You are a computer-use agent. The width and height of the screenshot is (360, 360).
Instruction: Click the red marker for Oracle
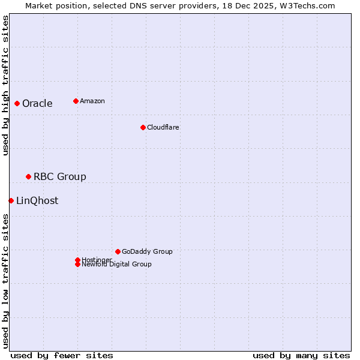(x=17, y=103)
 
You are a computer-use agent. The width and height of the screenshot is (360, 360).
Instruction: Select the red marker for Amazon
(x=76, y=101)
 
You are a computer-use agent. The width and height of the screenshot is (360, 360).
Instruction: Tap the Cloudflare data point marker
(x=143, y=127)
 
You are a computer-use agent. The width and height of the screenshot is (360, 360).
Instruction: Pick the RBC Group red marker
(x=28, y=176)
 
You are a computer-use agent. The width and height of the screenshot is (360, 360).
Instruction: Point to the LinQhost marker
(x=11, y=200)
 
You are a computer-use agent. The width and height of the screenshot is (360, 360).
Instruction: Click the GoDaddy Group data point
(x=118, y=251)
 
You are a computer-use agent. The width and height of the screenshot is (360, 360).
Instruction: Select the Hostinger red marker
(x=77, y=260)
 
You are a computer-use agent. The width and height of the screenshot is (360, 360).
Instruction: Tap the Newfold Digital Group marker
(x=77, y=264)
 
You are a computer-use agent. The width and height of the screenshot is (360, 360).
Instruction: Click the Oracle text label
(x=37, y=103)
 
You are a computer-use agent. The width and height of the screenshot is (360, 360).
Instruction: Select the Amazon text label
(x=92, y=101)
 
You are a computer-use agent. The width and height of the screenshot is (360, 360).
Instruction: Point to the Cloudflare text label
(x=163, y=127)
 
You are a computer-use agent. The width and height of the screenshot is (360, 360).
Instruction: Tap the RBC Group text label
(x=60, y=176)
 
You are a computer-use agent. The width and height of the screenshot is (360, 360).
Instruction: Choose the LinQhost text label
(x=37, y=200)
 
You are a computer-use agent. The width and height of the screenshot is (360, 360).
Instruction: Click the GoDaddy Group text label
(x=147, y=251)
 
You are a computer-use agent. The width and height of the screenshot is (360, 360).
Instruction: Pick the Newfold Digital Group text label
(x=117, y=265)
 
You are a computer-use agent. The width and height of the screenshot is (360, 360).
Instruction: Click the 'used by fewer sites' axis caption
(x=62, y=355)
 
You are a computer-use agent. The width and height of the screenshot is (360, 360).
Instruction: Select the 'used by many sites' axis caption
(x=301, y=355)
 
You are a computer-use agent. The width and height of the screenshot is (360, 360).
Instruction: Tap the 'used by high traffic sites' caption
(x=5, y=85)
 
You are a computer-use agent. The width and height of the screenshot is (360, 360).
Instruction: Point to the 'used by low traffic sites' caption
(x=5, y=281)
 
